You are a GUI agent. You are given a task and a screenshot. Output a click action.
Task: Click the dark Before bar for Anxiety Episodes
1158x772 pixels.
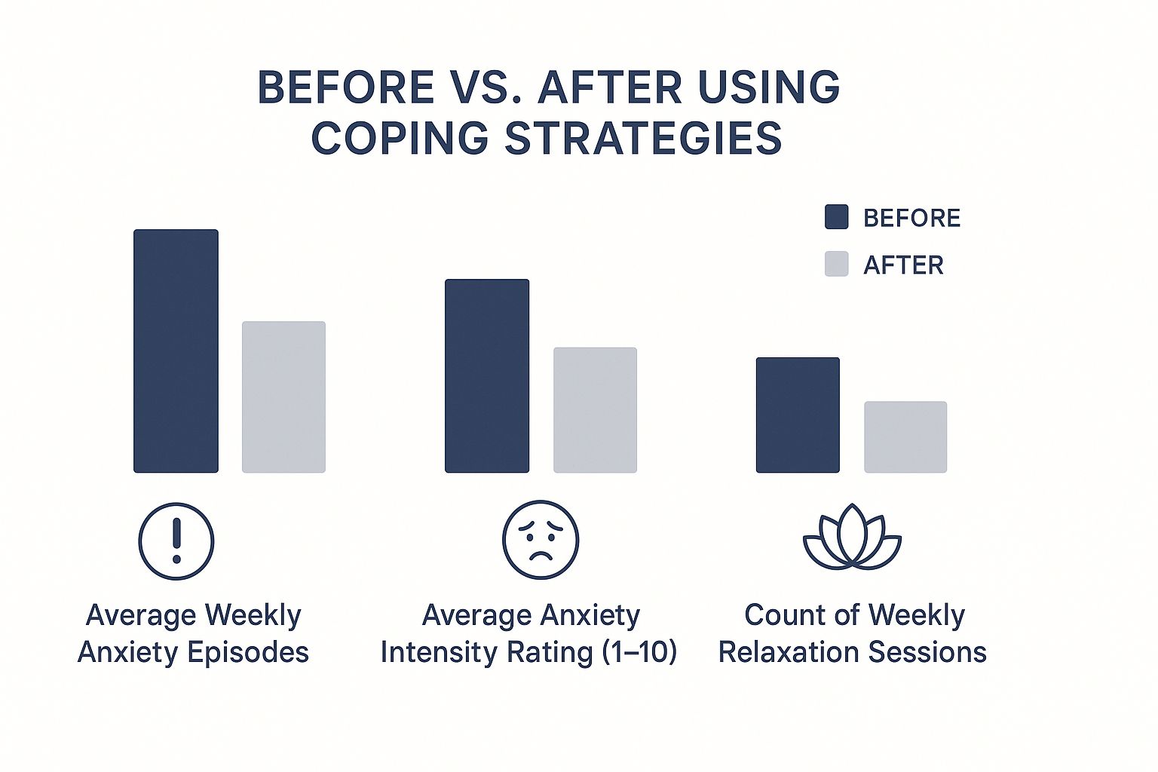click(176, 351)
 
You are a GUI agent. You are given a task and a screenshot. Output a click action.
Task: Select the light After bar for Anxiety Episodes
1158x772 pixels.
click(283, 397)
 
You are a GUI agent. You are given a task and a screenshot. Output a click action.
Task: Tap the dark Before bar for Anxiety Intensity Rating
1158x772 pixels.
click(487, 376)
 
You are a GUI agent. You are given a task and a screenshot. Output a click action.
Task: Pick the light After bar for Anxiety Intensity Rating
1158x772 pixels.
click(595, 410)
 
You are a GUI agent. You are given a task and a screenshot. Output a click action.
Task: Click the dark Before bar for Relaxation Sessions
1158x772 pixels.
click(798, 415)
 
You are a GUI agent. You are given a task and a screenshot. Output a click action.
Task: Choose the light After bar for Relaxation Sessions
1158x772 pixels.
click(905, 437)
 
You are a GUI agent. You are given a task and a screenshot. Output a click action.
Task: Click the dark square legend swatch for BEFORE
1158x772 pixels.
click(836, 217)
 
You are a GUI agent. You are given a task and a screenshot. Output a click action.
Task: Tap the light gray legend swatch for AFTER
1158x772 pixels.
click(836, 264)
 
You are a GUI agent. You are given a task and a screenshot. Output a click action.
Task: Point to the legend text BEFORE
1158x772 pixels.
click(911, 218)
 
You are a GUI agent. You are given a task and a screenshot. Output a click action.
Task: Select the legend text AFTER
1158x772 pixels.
click(903, 265)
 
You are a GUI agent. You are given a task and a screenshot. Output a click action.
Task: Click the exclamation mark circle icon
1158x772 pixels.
click(176, 541)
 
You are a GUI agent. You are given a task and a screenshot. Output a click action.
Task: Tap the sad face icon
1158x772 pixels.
click(541, 540)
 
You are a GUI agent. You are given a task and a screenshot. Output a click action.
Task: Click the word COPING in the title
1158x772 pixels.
click(400, 139)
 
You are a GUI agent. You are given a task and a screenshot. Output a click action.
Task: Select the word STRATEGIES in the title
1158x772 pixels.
click(643, 139)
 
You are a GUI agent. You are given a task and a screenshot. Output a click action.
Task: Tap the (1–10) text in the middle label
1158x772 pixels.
click(639, 652)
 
